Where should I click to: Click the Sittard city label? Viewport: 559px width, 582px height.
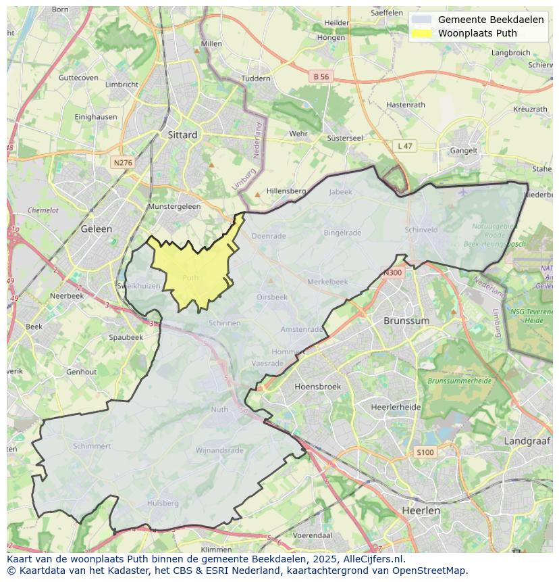(x=182, y=135)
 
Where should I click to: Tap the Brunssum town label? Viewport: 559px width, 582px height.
(x=406, y=320)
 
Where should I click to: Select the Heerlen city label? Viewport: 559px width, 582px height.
(x=421, y=510)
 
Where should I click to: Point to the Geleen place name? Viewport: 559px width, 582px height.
(x=97, y=228)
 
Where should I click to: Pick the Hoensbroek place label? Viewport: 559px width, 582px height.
(x=318, y=387)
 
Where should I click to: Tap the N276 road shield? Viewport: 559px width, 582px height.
(x=122, y=163)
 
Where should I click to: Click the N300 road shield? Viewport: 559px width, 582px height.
(x=392, y=273)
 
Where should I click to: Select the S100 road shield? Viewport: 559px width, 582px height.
(x=425, y=452)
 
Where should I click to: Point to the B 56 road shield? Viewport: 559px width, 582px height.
(x=321, y=77)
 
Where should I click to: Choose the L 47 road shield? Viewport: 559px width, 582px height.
(x=404, y=146)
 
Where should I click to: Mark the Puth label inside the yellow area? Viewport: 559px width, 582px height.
(x=190, y=277)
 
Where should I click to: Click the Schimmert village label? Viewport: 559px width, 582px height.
(x=92, y=446)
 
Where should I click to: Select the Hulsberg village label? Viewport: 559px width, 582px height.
(x=163, y=503)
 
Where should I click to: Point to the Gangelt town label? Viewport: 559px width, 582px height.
(x=464, y=151)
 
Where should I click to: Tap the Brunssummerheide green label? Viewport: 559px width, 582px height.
(x=459, y=381)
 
